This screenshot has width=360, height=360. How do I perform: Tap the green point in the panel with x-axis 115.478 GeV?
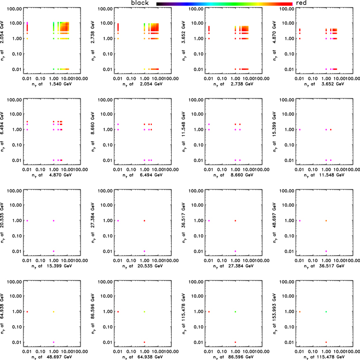326,312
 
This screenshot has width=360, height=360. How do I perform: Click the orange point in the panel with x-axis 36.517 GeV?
326,220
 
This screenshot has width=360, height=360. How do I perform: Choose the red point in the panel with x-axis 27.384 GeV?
235,220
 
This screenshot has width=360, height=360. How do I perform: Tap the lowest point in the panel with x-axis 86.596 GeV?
235,342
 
